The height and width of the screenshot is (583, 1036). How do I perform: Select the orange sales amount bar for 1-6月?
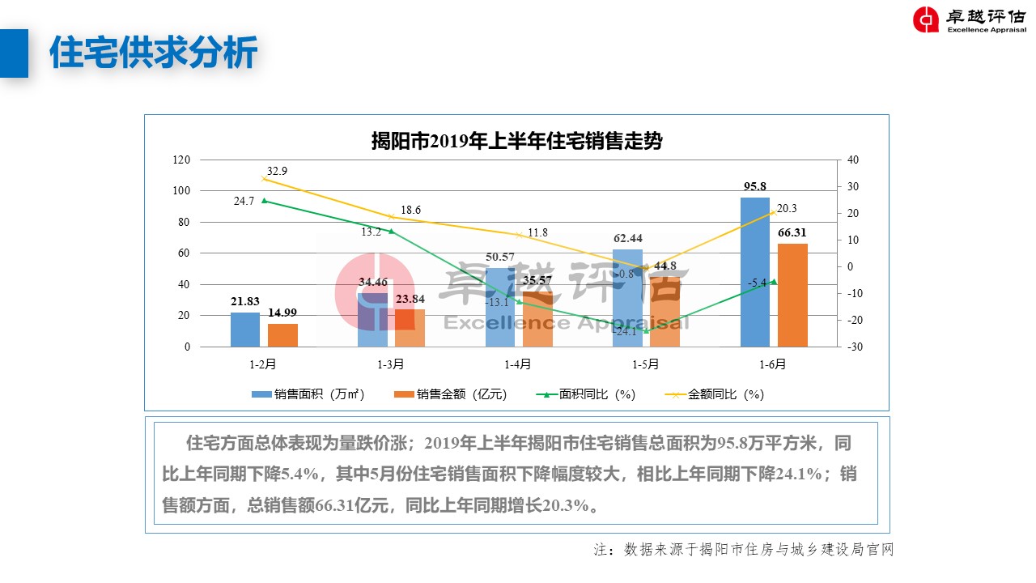click(x=792, y=296)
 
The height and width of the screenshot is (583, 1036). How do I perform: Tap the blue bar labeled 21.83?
click(x=245, y=330)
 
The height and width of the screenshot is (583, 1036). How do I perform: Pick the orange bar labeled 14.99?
click(x=282, y=335)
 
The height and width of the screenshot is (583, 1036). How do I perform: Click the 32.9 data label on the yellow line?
click(x=277, y=171)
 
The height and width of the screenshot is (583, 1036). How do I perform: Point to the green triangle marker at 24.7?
click(x=264, y=200)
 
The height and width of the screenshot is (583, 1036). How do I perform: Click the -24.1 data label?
click(x=624, y=331)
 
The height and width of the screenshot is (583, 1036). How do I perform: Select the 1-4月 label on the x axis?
click(x=518, y=364)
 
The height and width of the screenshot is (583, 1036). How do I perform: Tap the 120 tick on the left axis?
click(x=181, y=160)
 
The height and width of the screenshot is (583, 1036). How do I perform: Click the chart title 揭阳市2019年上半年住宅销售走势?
click(x=516, y=141)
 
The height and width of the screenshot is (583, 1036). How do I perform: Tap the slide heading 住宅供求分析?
click(x=154, y=53)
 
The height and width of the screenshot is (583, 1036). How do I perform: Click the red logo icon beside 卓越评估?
click(x=926, y=19)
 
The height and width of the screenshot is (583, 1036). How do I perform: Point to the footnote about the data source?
click(x=743, y=550)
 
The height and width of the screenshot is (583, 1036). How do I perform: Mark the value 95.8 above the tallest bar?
click(x=755, y=187)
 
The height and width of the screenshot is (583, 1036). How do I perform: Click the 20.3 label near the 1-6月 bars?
click(x=787, y=208)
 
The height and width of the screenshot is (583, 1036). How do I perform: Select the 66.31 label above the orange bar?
click(x=792, y=233)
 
